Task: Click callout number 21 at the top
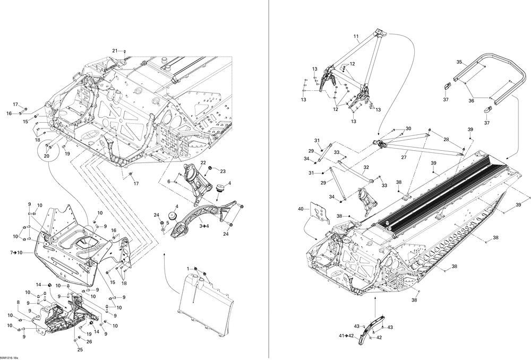[114, 50]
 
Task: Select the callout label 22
[203, 162]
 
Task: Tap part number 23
[223, 171]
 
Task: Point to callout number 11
[356, 37]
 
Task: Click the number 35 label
[459, 62]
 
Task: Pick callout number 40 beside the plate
[301, 209]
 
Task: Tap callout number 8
[19, 302]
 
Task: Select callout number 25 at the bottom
[80, 349]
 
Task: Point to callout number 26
[89, 342]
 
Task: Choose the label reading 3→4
[204, 226]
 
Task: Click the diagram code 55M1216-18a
[10, 357]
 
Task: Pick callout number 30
[408, 128]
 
